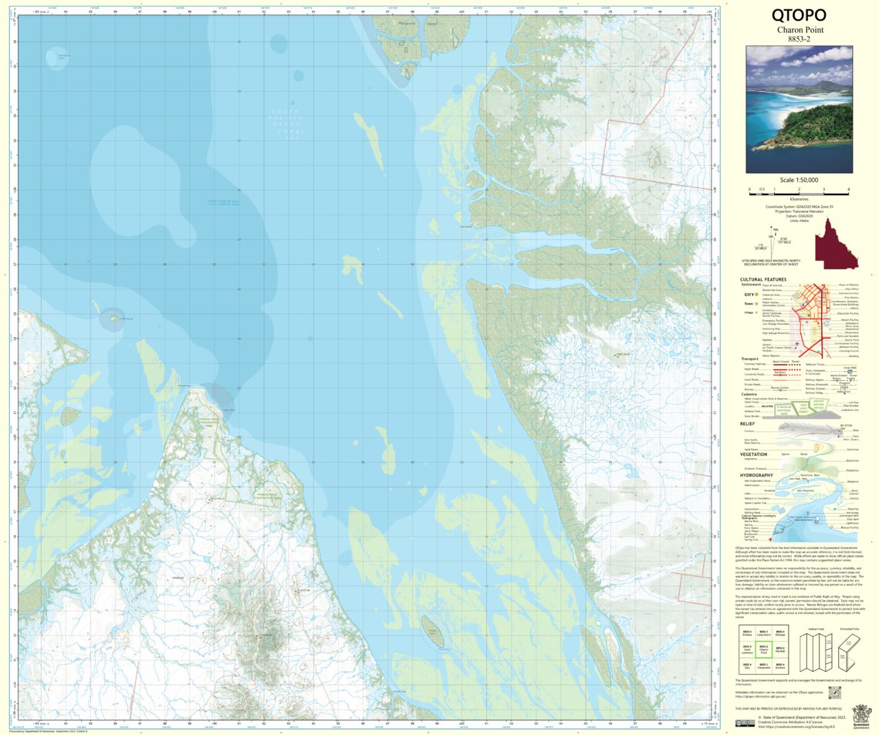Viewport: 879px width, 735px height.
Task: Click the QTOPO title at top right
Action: point(799,15)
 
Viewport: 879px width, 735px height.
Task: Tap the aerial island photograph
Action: point(799,110)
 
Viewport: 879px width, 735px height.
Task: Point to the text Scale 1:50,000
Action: point(799,179)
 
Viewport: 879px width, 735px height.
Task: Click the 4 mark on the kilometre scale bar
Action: point(848,189)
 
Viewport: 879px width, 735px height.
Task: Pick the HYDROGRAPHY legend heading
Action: point(757,475)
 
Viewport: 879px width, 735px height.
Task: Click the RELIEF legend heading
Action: point(746,423)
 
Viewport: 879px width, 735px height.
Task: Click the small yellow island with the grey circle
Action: point(113,318)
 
